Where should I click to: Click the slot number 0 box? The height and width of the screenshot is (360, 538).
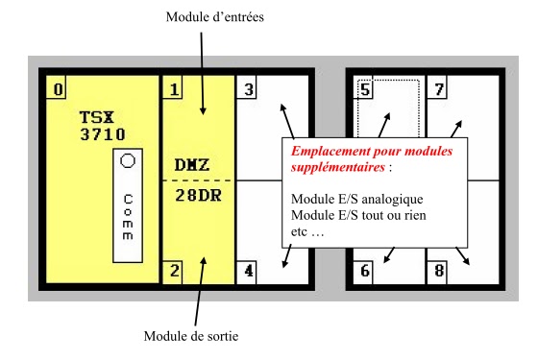[x=59, y=90]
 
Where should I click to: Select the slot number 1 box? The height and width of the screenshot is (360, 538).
[x=174, y=90]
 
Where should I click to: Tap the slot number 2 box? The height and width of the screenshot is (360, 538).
[x=174, y=270]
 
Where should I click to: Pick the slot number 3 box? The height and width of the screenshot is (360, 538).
[x=249, y=90]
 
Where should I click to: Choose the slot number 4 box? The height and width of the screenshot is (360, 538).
[x=249, y=270]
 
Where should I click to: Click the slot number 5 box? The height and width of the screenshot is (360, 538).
[x=365, y=90]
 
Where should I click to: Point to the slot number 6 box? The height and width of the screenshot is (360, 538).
[x=365, y=271]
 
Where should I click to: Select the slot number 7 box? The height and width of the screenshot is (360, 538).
[x=439, y=90]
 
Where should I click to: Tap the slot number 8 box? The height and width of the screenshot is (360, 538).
[x=439, y=271]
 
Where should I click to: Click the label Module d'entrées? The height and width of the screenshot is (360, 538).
[x=214, y=16]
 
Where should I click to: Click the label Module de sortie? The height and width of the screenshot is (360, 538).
[x=191, y=336]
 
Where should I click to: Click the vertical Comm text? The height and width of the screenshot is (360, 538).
[x=128, y=216]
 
